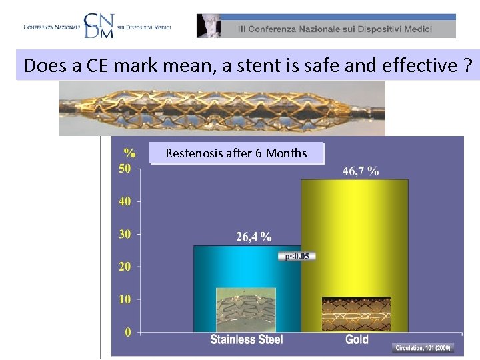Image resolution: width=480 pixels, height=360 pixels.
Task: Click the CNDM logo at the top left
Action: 97,25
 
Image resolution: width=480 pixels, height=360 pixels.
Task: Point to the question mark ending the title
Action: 467,65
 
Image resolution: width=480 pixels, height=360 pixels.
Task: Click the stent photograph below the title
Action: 221,108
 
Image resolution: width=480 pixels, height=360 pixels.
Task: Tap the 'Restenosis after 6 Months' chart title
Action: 236,153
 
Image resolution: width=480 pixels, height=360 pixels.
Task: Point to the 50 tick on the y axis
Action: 125,169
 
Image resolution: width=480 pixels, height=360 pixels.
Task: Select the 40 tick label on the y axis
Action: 125,201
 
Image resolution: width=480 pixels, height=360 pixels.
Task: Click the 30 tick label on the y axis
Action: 125,234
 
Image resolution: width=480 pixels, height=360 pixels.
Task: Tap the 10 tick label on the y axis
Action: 125,299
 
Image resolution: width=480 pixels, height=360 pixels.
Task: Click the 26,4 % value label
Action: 254,236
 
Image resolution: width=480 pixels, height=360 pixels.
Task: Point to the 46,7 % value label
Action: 361,171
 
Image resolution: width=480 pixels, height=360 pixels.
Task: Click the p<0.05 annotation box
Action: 297,256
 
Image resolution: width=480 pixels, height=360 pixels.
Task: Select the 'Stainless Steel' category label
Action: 247,339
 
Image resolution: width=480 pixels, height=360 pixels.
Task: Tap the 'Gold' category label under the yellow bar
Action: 357,339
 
